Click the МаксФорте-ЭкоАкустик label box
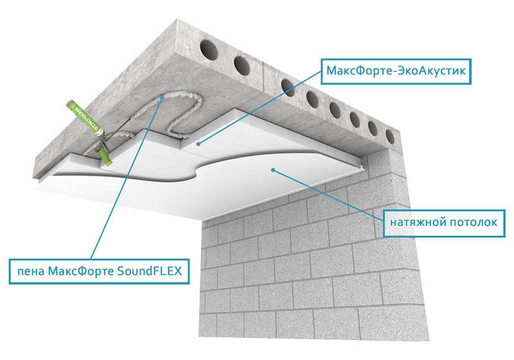coord(396,69)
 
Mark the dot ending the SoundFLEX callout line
coord(163,96)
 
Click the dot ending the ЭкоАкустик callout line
coord(199,142)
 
